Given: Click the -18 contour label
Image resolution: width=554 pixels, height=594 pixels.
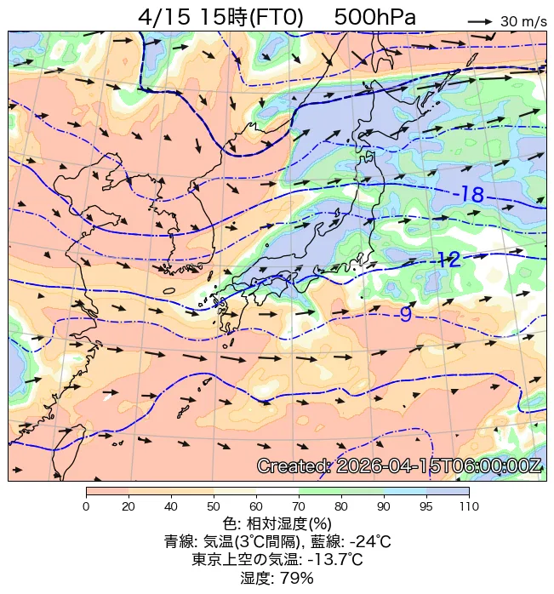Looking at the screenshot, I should (469, 195).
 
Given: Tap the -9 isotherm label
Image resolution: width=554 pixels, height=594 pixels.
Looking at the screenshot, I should (404, 315).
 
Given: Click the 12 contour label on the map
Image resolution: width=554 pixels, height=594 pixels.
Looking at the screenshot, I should (448, 260).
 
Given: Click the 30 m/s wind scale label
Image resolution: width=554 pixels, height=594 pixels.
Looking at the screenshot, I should (523, 21).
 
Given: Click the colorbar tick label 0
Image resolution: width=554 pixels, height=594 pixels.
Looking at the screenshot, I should (86, 507).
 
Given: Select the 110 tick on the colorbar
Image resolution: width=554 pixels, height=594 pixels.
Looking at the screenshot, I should (469, 507).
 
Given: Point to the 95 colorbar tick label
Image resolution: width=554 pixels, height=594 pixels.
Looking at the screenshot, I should (426, 507).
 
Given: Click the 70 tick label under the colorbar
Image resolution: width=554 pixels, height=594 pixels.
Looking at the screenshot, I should (299, 507).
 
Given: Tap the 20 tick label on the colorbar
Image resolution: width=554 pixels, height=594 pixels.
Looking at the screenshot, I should (129, 507).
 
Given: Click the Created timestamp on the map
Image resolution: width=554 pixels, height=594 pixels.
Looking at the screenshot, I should (399, 466).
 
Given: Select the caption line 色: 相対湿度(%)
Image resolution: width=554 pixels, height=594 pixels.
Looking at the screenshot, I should (277, 523).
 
